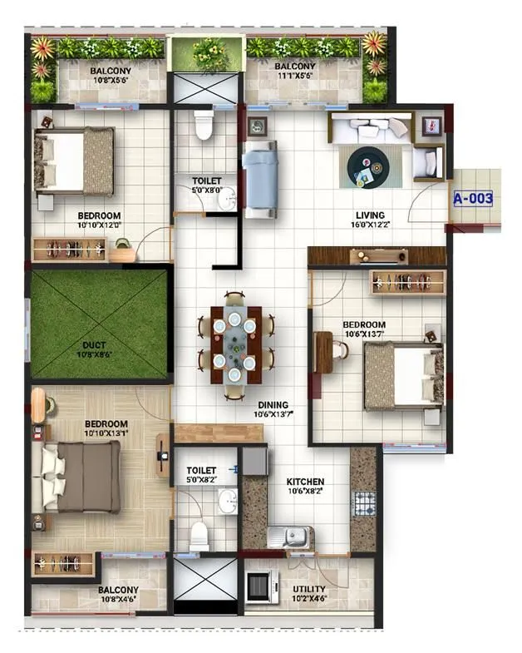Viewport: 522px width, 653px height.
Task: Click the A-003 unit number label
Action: coord(473,199)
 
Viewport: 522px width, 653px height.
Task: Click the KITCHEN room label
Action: coord(305,482)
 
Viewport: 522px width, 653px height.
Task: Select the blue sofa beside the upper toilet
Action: coord(259,179)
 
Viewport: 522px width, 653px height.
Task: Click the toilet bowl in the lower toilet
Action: coord(199,535)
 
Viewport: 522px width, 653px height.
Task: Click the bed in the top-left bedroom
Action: coord(75,160)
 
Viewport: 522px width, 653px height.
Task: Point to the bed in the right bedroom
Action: coord(404,375)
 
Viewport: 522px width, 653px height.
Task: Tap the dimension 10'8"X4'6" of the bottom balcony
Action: coord(120,599)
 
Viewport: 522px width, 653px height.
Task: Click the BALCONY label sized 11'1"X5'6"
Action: coord(295,67)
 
